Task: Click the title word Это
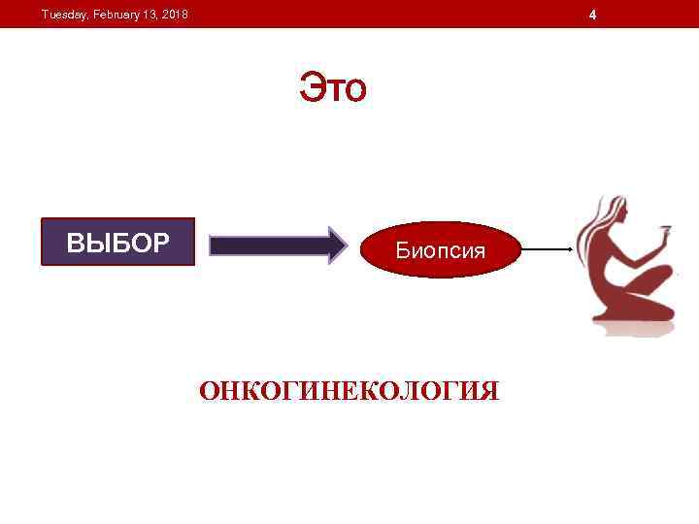click(x=332, y=88)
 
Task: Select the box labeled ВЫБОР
click(x=117, y=242)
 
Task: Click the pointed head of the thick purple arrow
click(x=337, y=246)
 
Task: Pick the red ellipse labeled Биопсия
click(x=440, y=250)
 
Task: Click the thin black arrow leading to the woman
click(x=544, y=250)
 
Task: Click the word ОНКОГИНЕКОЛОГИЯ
click(x=349, y=391)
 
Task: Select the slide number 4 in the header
click(x=593, y=15)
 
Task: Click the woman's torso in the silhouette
click(x=615, y=257)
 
